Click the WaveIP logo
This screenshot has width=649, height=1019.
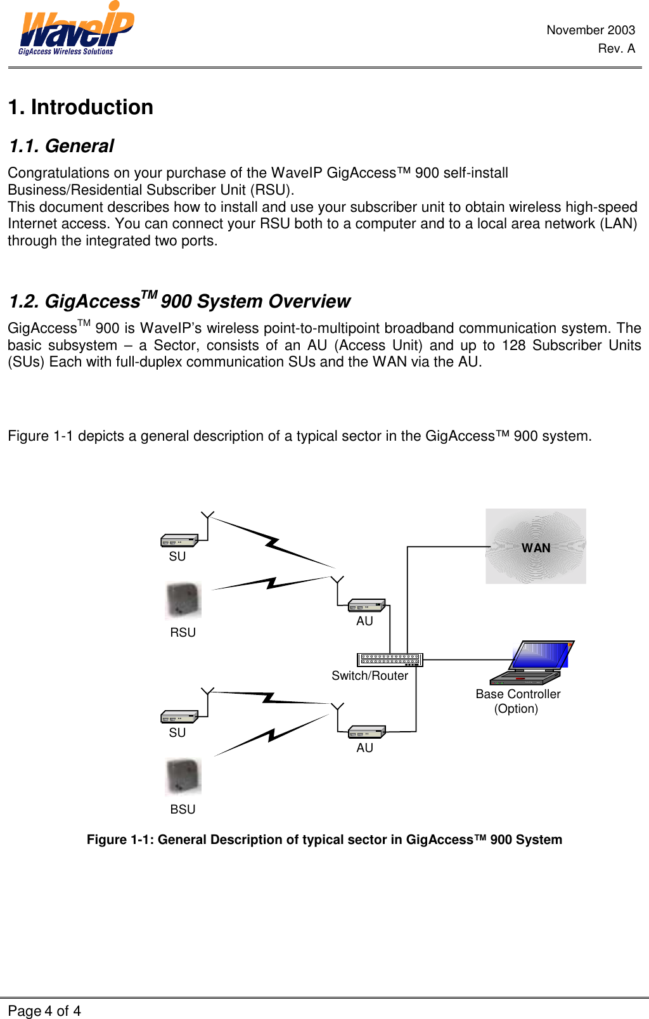pyautogui.click(x=75, y=30)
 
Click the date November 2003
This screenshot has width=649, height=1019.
pyautogui.click(x=590, y=30)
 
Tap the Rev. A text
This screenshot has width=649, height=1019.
pyautogui.click(x=616, y=48)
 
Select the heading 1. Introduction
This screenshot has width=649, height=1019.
pyautogui.click(x=80, y=107)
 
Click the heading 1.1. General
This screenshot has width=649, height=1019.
pyautogui.click(x=61, y=146)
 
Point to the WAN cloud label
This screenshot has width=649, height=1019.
pyautogui.click(x=536, y=548)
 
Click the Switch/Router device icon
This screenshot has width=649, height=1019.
pyautogui.click(x=389, y=660)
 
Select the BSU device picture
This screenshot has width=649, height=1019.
pyautogui.click(x=183, y=777)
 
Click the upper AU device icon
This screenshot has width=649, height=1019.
pyautogui.click(x=366, y=606)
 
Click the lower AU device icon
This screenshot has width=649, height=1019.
pyautogui.click(x=366, y=732)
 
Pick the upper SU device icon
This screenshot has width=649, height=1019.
pyautogui.click(x=179, y=540)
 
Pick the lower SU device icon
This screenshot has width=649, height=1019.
pyautogui.click(x=179, y=717)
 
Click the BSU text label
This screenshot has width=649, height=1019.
pyautogui.click(x=183, y=809)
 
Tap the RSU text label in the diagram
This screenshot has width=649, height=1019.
pyautogui.click(x=183, y=632)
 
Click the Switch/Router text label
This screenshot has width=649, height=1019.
pyautogui.click(x=369, y=676)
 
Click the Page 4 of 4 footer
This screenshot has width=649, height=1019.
pyautogui.click(x=44, y=1011)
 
